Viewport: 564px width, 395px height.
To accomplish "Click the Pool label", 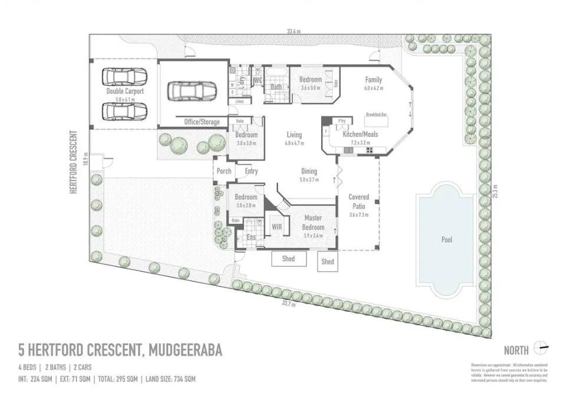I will [447, 240].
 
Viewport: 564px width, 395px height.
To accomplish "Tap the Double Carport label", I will [125, 92].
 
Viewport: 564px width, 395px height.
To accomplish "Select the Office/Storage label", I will [202, 122].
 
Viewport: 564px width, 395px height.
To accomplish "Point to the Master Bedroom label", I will [313, 223].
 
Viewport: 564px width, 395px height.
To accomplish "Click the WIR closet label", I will [276, 226].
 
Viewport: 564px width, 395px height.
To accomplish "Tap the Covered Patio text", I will [359, 201].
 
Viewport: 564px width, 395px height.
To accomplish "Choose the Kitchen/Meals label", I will [361, 135].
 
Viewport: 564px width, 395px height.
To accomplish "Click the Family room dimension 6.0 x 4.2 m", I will [373, 87].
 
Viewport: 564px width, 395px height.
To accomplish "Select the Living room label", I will [294, 135].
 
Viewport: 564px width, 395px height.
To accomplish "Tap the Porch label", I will [224, 172].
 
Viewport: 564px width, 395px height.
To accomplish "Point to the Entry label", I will [251, 172].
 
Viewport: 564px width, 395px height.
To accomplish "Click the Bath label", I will [276, 87].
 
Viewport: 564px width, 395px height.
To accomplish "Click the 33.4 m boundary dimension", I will [293, 31].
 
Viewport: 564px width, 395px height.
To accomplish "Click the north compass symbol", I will [541, 347].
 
